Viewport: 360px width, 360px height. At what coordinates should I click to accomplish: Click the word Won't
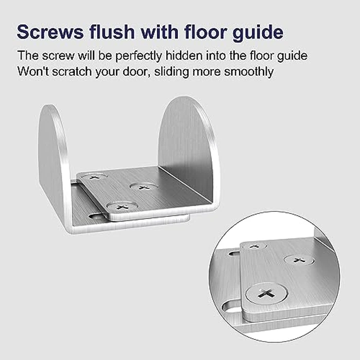click(x=31, y=71)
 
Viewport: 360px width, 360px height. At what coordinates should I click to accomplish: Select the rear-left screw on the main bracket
click(x=94, y=176)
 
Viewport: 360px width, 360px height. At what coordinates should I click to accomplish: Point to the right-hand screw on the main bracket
click(x=144, y=186)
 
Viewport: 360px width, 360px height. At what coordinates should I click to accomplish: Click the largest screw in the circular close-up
click(x=266, y=295)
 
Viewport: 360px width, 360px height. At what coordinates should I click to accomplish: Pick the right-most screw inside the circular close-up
click(x=299, y=260)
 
